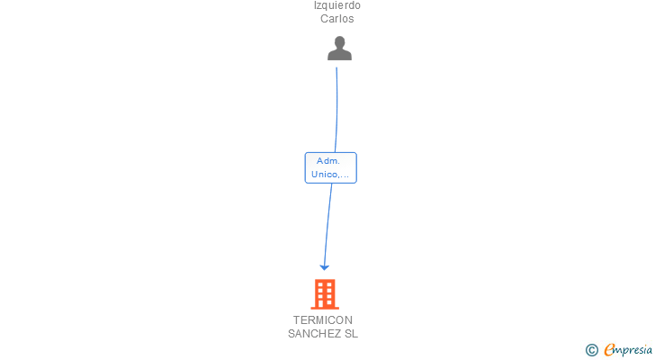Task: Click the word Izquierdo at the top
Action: coord(336,5)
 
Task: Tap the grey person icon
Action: coord(339,49)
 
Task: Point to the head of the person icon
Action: coord(339,42)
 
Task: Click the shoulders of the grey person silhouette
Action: coord(339,55)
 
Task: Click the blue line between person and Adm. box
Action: coord(337,108)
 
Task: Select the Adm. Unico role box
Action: coord(331,167)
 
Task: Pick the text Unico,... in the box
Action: coord(330,174)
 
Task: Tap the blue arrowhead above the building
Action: coord(325,266)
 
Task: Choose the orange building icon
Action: coord(325,293)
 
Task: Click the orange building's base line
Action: coord(325,308)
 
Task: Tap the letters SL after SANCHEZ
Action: coord(350,334)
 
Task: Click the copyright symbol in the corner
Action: coord(592,350)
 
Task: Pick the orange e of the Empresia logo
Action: coord(610,350)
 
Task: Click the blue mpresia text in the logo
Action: coord(633,350)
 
